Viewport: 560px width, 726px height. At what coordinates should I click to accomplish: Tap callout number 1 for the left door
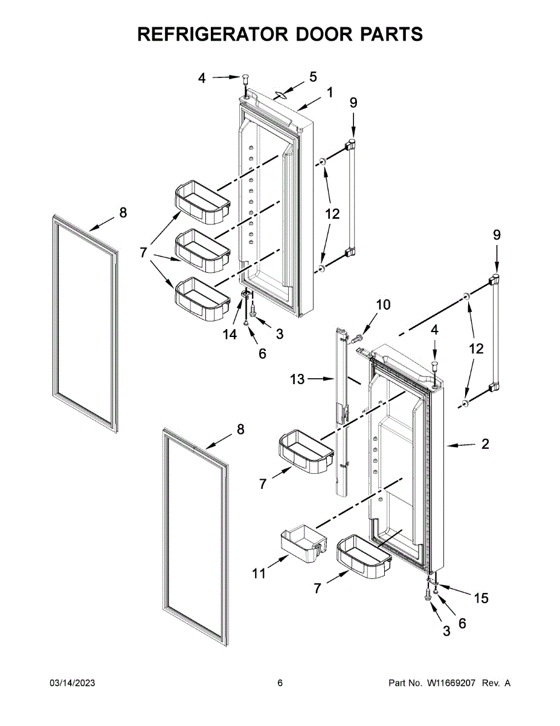click(330, 93)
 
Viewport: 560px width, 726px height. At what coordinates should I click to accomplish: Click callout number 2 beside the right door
click(485, 445)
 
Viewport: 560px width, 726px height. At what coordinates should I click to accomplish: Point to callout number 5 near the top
click(313, 77)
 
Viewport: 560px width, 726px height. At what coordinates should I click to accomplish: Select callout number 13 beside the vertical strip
click(297, 379)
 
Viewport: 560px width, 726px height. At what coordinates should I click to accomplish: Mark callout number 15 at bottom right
click(480, 598)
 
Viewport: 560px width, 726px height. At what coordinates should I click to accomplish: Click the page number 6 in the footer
click(280, 683)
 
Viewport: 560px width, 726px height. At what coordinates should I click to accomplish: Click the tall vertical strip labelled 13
click(340, 411)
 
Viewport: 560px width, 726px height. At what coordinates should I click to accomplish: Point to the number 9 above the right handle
click(497, 235)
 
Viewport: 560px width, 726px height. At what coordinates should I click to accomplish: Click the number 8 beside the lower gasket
click(240, 429)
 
